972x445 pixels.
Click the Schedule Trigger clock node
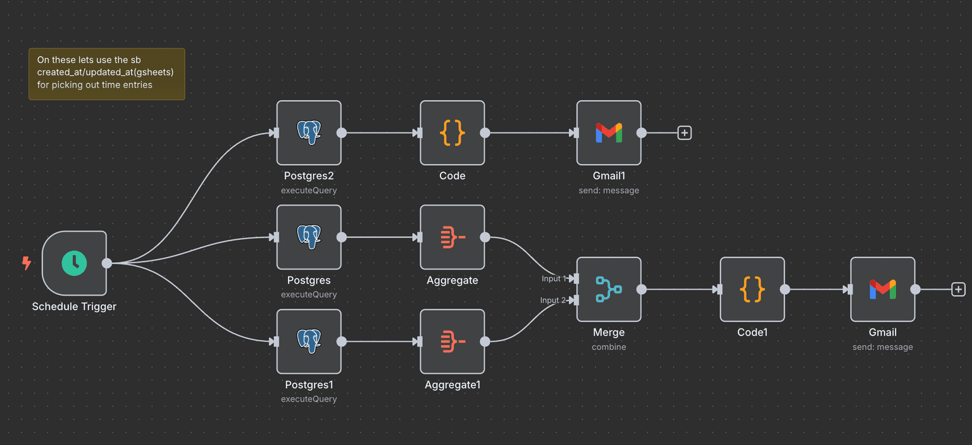[x=74, y=263]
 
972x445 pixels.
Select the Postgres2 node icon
[x=309, y=133]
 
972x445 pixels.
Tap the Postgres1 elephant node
[x=309, y=342]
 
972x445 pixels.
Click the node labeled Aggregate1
[x=452, y=342]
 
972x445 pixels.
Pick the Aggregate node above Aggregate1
[x=452, y=237]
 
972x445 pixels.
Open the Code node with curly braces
[x=452, y=133]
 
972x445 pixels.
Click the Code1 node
[x=752, y=289]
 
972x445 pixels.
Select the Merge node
[x=609, y=289]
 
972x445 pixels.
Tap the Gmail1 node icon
[x=609, y=133]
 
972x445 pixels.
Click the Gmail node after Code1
[x=882, y=289]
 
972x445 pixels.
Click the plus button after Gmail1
[x=684, y=133]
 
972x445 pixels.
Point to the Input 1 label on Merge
[x=554, y=279]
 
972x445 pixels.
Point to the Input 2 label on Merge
[x=553, y=300]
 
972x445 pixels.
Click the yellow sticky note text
[x=106, y=73]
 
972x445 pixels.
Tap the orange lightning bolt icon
[x=27, y=263]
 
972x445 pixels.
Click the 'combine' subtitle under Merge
[x=609, y=347]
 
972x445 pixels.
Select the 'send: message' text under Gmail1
[x=609, y=190]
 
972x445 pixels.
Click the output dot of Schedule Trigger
[x=107, y=263]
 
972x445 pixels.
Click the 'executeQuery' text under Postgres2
[x=309, y=190]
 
